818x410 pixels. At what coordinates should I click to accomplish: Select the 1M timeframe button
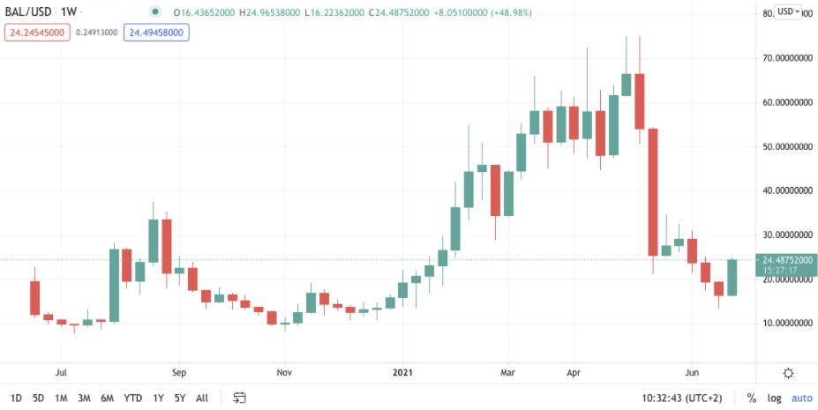pyautogui.click(x=61, y=398)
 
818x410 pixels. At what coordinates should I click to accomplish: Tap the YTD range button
pyautogui.click(x=132, y=398)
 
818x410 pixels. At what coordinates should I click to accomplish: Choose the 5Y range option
pyautogui.click(x=179, y=398)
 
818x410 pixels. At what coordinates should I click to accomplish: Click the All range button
pyautogui.click(x=202, y=398)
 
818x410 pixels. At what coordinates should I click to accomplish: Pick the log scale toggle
pyautogui.click(x=774, y=398)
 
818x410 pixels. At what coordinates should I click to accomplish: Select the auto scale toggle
pyautogui.click(x=801, y=398)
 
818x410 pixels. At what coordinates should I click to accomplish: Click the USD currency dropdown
pyautogui.click(x=788, y=11)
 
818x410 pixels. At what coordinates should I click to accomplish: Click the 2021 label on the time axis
pyautogui.click(x=403, y=373)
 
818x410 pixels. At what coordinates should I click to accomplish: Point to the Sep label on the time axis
pyautogui.click(x=178, y=373)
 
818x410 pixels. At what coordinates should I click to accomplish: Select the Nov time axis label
pyautogui.click(x=284, y=373)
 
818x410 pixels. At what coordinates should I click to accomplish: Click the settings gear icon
pyautogui.click(x=788, y=373)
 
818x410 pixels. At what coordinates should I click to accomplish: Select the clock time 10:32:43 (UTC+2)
pyautogui.click(x=684, y=398)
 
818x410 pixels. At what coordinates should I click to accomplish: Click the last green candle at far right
pyautogui.click(x=732, y=277)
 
